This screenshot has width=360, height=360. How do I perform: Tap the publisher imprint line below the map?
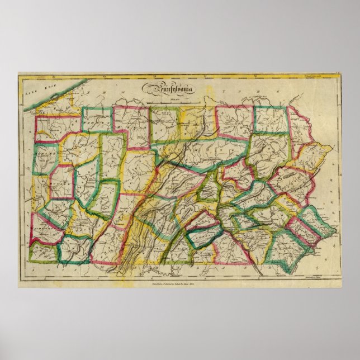(179, 283)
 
